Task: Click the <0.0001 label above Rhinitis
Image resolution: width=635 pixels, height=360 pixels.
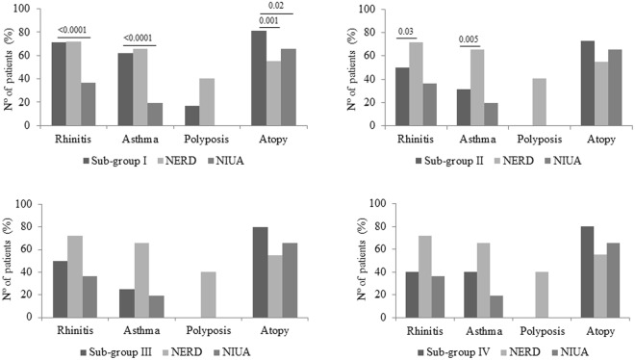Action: click(74, 30)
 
